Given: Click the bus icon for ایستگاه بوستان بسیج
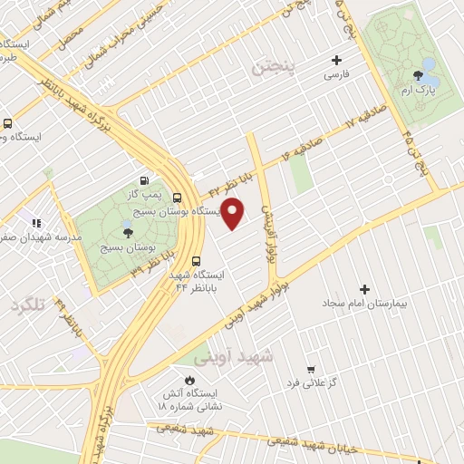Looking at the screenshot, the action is (x=177, y=198).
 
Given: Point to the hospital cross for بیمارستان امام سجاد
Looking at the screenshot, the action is (x=365, y=290).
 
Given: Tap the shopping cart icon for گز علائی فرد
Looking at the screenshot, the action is (x=311, y=370).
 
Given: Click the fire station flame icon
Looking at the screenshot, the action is (x=189, y=380).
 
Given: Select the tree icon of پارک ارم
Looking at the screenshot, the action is (x=418, y=77).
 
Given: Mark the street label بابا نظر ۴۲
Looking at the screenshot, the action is (x=227, y=187).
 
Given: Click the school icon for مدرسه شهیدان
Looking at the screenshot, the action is (x=37, y=222).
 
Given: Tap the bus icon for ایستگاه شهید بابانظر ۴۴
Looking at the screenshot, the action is (x=197, y=256).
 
